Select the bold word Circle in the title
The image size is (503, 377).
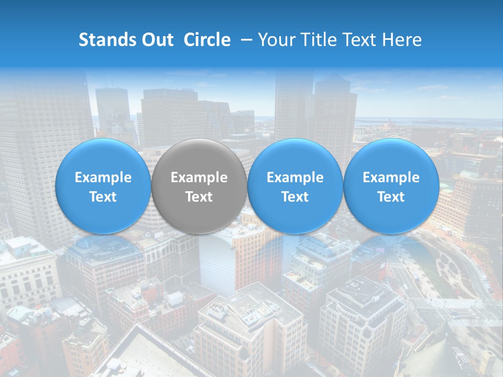point(207,40)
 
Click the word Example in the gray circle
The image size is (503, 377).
point(199,178)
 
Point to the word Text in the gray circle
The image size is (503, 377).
point(199,197)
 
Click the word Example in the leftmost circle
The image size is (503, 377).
point(103,178)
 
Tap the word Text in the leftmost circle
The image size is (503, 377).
point(103,197)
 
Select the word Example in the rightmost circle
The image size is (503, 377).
point(391,178)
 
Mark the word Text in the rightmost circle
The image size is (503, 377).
point(391,197)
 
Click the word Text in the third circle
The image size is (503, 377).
point(295,197)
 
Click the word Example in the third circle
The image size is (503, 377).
point(295,178)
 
